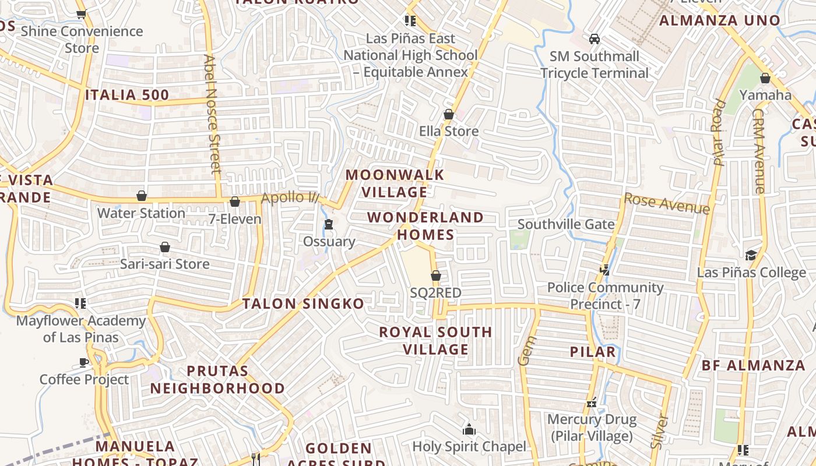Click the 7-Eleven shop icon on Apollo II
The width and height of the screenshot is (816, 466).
coord(235,202)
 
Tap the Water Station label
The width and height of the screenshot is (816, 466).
coord(141,213)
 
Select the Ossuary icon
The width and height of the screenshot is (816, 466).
coord(329,224)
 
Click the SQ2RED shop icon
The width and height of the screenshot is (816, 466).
coord(435,276)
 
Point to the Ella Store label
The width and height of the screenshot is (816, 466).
coord(449,131)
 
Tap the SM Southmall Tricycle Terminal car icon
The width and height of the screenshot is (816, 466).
coord(594,39)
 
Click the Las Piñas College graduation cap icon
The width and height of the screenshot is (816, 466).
coord(751,255)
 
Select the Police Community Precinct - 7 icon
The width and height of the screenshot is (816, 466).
coord(605,270)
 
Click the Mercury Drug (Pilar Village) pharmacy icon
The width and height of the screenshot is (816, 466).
coord(592,403)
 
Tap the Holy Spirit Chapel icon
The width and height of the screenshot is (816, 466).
coord(469,430)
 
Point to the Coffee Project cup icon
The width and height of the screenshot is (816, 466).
coord(84,362)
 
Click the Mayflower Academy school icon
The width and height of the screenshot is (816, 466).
coord(80,303)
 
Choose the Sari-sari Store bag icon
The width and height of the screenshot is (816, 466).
coord(165,247)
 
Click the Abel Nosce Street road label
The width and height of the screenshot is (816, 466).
coord(212,114)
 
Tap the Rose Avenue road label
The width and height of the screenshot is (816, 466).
coord(667,203)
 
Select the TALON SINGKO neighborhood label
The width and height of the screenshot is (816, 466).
coord(303,303)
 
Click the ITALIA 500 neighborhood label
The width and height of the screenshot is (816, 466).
coord(127,95)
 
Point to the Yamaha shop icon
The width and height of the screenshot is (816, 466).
coord(765,78)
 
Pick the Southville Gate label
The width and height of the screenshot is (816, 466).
coord(566,224)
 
